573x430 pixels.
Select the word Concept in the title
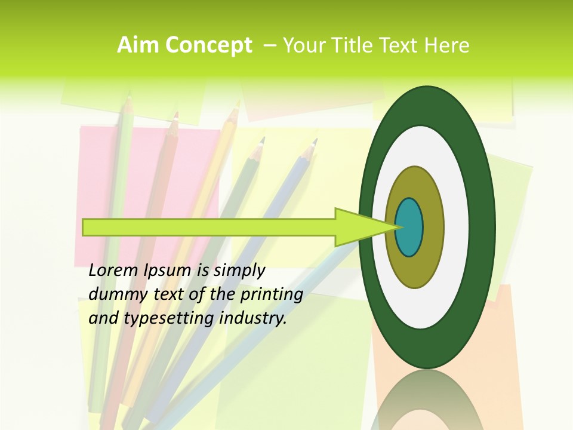(x=209, y=45)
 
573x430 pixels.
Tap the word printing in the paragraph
(x=271, y=294)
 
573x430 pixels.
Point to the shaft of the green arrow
(x=209, y=228)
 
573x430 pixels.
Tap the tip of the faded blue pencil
(x=314, y=143)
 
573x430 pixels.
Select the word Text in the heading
(x=404, y=45)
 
